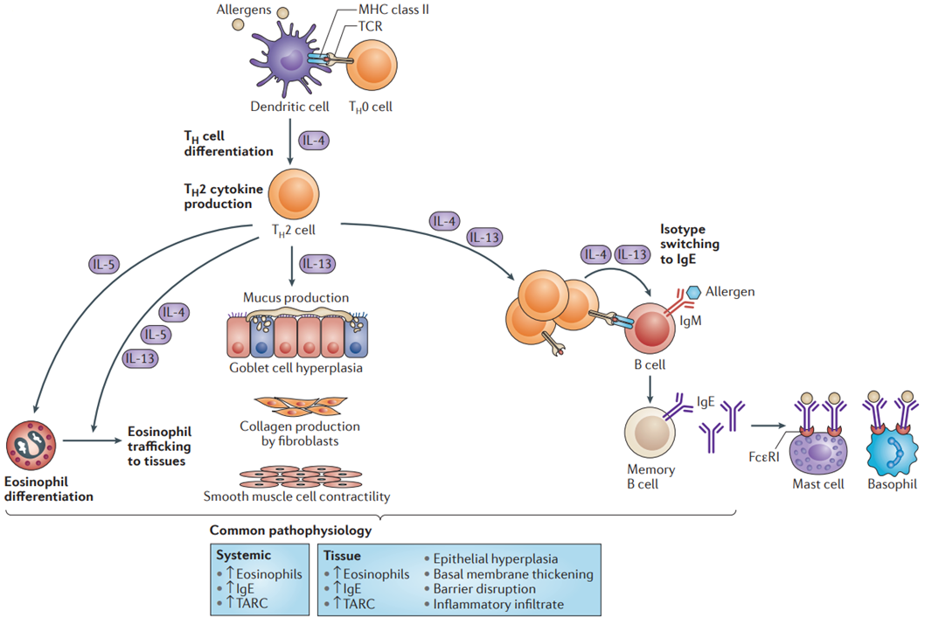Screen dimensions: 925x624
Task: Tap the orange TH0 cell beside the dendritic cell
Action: pos(372,66)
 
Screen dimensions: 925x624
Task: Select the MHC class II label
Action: pos(393,10)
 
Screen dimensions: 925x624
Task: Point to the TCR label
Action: pos(371,26)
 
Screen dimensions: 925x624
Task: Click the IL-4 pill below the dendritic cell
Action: pos(314,141)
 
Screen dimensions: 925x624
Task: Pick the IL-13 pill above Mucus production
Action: pos(317,264)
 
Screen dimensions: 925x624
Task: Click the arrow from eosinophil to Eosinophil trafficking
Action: pos(92,440)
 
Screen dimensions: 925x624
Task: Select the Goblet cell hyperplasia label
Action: pos(296,368)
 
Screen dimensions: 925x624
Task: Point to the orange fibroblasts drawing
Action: pos(301,406)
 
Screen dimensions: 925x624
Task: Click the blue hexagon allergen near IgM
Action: pos(694,292)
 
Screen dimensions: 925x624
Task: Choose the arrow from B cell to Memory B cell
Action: pos(650,389)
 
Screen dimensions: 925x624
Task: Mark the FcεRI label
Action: pos(764,457)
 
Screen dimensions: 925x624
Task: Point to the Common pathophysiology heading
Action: pos(291,530)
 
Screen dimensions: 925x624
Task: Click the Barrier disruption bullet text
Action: pos(484,589)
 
